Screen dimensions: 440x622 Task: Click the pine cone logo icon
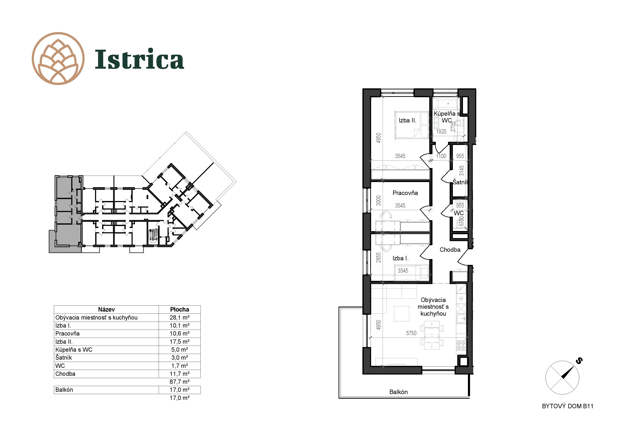(x=58, y=59)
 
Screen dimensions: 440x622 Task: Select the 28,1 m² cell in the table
(x=179, y=317)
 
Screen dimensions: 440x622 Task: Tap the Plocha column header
(x=179, y=309)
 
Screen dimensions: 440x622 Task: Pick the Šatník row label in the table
(x=64, y=357)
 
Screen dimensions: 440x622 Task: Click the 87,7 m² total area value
(x=179, y=382)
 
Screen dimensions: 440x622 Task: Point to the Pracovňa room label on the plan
(x=405, y=193)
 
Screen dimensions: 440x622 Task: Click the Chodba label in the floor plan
(x=450, y=250)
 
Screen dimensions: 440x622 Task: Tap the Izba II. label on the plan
(x=407, y=120)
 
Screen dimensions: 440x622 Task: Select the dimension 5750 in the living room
(x=411, y=333)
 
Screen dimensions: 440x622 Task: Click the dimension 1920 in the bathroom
(x=441, y=132)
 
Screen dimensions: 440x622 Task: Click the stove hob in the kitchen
(x=461, y=345)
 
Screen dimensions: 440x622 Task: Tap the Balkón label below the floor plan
(x=398, y=392)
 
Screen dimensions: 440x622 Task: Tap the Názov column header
(x=106, y=309)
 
